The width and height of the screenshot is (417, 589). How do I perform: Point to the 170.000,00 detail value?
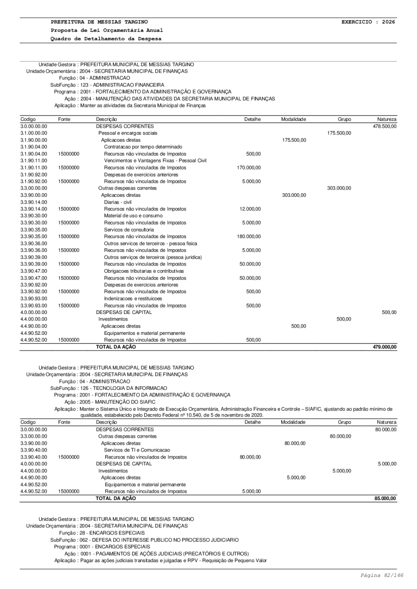[x=250, y=168]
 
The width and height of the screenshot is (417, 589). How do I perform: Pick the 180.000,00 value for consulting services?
[x=250, y=237]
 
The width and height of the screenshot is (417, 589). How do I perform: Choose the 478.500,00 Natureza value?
[x=385, y=126]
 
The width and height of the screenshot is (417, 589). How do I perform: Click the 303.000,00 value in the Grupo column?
[x=339, y=188]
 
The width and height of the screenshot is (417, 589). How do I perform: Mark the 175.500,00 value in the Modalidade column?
[x=294, y=140]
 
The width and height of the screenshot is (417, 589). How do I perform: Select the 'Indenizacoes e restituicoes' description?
[x=133, y=299]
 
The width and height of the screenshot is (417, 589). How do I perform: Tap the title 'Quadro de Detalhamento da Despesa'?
[x=106, y=38]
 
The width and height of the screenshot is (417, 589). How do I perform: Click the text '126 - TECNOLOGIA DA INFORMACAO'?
[x=123, y=388]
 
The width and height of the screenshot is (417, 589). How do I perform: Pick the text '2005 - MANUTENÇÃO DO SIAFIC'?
[x=125, y=402]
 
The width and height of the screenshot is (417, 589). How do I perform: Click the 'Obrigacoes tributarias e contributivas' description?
[x=144, y=271]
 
